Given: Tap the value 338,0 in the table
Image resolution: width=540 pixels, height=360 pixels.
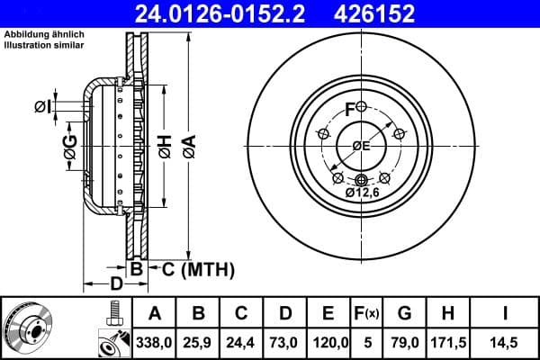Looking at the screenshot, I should click(155, 343).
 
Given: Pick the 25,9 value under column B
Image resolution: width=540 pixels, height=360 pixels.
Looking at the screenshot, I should click(198, 343).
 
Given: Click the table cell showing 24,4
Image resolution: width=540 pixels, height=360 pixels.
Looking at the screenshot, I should click(241, 343).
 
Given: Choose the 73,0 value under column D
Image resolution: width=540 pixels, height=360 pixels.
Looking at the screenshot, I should click(285, 343).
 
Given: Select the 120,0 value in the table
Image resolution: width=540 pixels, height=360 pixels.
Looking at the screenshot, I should click(328, 343).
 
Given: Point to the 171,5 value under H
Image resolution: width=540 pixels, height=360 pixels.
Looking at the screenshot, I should click(447, 343).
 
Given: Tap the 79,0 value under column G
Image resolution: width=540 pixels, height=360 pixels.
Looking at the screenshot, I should click(404, 343).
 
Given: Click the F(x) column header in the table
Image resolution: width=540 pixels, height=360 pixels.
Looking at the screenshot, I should click(367, 314).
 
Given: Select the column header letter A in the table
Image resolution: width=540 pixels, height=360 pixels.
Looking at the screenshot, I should click(155, 314).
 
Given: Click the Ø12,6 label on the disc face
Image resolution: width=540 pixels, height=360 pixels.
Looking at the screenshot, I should click(364, 192).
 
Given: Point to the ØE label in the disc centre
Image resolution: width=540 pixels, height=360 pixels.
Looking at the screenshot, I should click(361, 147).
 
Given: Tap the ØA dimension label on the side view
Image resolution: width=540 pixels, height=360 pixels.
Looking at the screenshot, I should click(187, 147).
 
